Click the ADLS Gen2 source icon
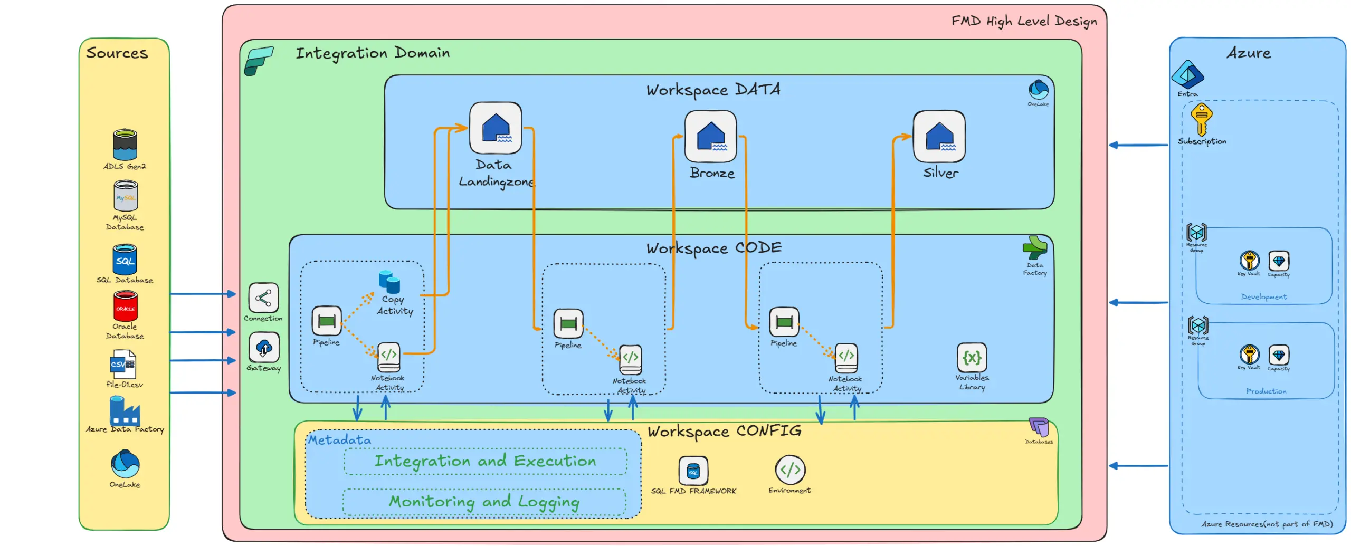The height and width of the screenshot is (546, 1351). click(125, 145)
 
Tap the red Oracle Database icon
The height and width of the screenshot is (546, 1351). click(125, 307)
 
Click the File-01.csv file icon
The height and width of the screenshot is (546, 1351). click(123, 364)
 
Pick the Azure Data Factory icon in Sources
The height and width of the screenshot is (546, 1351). click(125, 411)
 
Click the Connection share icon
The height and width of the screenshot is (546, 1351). click(263, 298)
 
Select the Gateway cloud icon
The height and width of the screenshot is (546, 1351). click(264, 348)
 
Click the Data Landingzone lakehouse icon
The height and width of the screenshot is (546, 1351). click(495, 128)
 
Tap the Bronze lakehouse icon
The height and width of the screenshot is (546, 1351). click(710, 136)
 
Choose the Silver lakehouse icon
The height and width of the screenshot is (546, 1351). click(938, 136)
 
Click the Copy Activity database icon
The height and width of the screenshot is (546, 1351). click(389, 282)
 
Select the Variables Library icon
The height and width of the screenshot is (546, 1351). click(972, 358)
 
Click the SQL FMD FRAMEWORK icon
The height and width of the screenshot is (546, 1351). click(693, 470)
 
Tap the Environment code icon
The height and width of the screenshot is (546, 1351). click(789, 470)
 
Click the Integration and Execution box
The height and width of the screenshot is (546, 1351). click(485, 462)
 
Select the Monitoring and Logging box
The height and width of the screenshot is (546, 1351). click(484, 502)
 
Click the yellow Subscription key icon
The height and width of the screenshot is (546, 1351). click(1201, 119)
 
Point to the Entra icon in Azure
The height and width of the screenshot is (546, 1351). click(1187, 75)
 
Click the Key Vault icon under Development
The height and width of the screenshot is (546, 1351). click(1249, 261)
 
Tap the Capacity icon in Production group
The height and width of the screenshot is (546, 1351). click(1278, 355)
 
